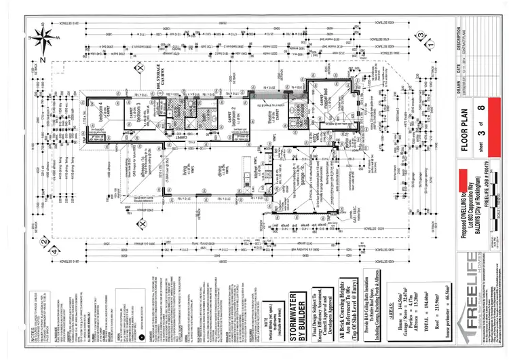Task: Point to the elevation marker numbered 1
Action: [430, 45]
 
